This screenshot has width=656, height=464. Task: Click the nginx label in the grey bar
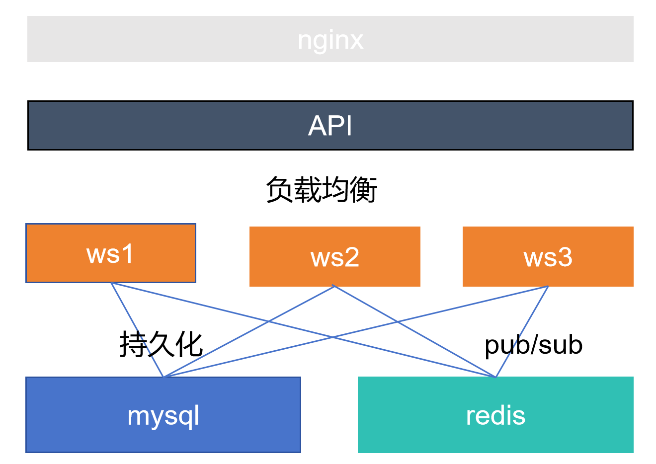(330, 41)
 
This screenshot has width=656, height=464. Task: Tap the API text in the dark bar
(330, 126)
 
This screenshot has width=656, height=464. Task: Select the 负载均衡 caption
(322, 190)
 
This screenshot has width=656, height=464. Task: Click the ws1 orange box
(111, 253)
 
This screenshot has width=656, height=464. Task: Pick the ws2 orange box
(335, 256)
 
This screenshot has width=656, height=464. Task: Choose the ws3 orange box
(548, 256)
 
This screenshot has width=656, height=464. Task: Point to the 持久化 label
(161, 344)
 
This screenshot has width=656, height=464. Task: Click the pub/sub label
(534, 346)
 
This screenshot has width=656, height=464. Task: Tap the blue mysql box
(163, 415)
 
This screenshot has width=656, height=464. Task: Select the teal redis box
(495, 415)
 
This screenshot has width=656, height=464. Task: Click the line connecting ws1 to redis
(303, 330)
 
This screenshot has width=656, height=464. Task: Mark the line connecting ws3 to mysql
(356, 332)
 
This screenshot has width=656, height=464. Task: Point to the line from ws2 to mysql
(249, 331)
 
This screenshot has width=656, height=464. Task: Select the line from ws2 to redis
(414, 331)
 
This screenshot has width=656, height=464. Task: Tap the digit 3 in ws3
(565, 257)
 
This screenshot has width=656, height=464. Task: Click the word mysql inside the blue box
(163, 417)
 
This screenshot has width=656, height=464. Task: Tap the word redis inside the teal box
(495, 415)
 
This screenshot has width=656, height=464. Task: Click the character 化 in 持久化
(189, 344)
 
